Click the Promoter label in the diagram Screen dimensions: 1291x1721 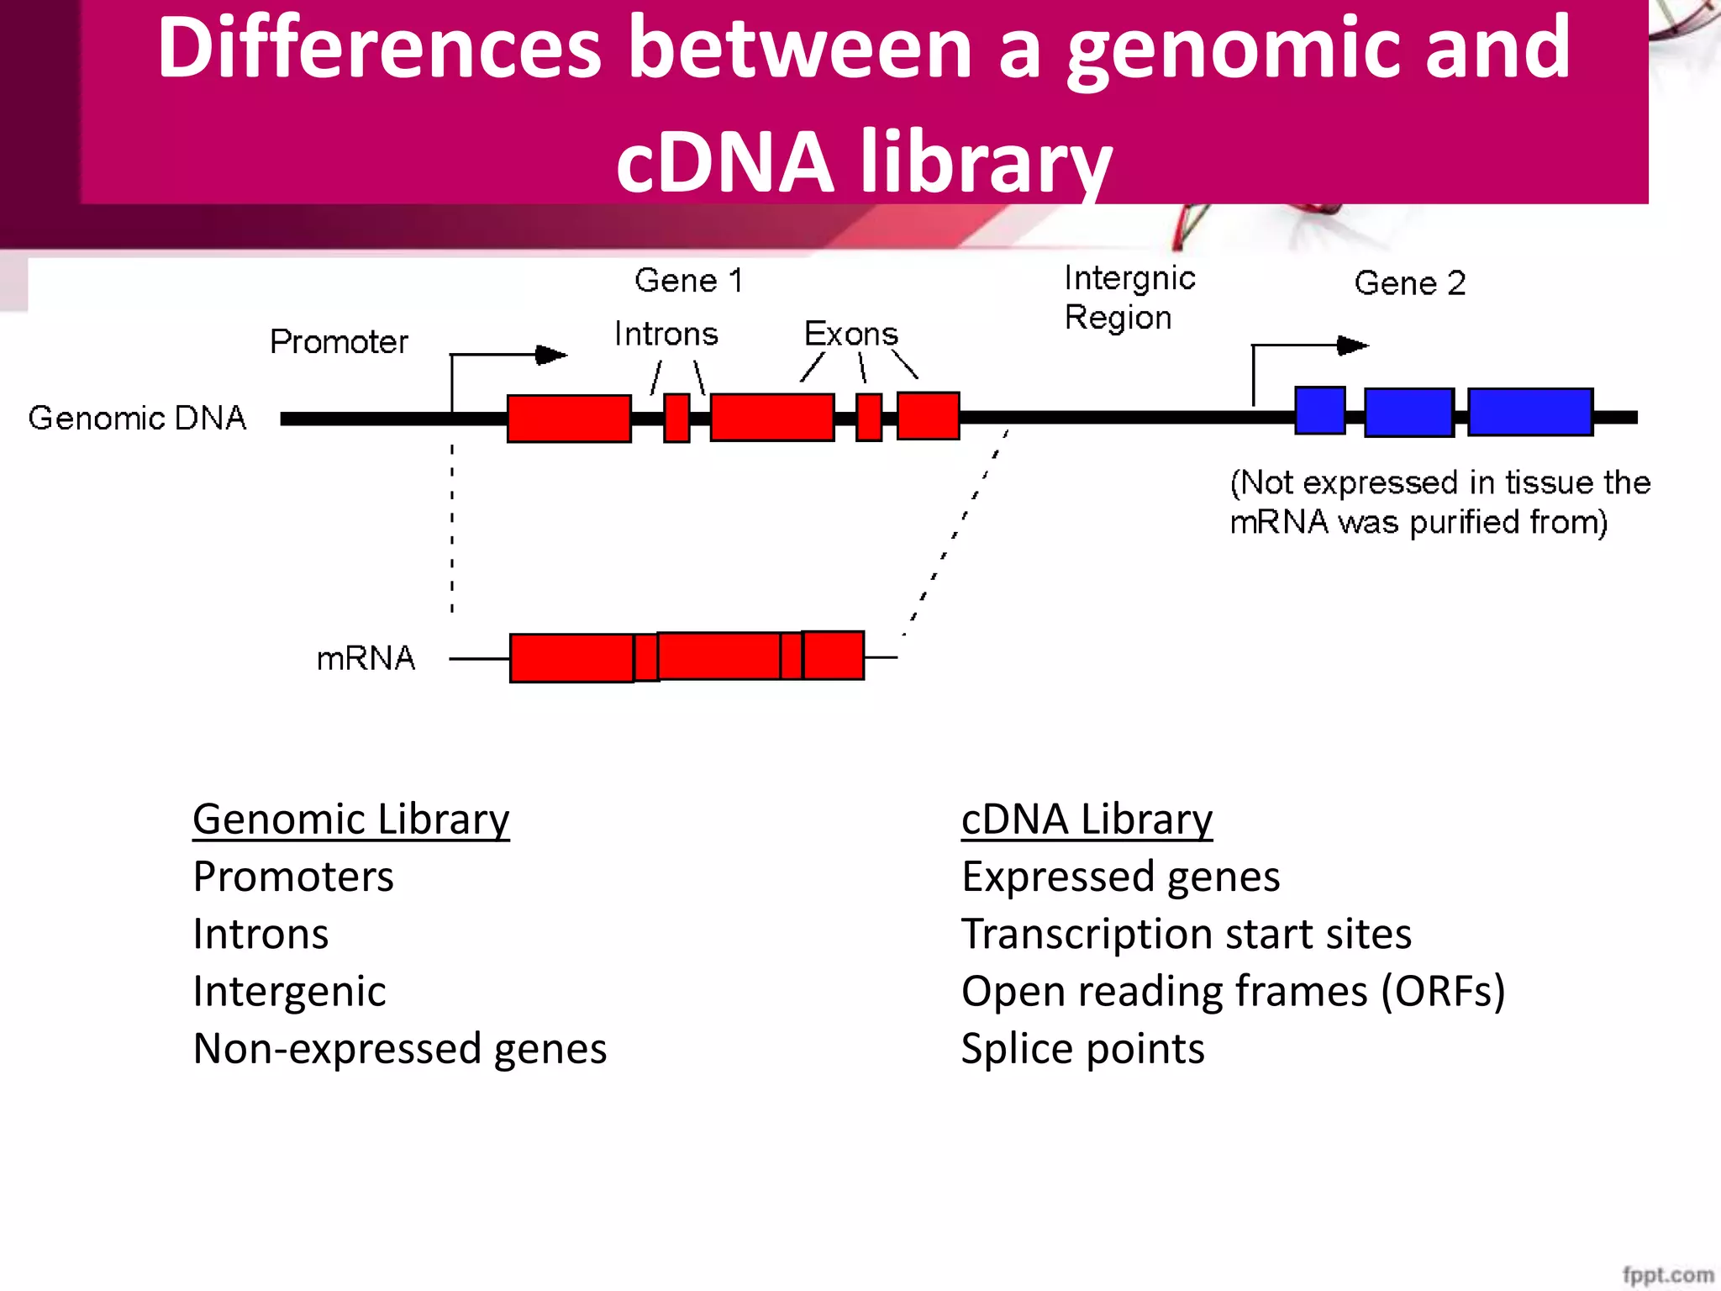(339, 342)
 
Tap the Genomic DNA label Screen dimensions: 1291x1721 (137, 418)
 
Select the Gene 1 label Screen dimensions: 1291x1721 (688, 280)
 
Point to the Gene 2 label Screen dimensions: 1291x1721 (1409, 283)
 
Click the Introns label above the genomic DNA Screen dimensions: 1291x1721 (666, 334)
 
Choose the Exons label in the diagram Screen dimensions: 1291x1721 (850, 334)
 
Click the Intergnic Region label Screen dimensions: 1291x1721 (1128, 298)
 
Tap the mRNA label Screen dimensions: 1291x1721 (366, 658)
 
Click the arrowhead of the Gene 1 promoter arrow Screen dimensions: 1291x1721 (551, 355)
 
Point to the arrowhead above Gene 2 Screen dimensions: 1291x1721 (1352, 345)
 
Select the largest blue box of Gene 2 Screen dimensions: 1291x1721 (1529, 412)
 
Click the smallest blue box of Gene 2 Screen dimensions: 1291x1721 (1319, 410)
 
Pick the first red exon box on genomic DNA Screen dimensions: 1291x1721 (569, 418)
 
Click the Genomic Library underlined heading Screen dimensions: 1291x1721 (350, 819)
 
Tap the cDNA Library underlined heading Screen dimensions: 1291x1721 (1087, 819)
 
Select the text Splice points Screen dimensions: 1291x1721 (1082, 1048)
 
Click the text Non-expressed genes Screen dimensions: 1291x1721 (399, 1048)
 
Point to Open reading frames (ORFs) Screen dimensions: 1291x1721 (1233, 991)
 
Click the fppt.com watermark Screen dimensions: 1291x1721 (1667, 1275)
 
